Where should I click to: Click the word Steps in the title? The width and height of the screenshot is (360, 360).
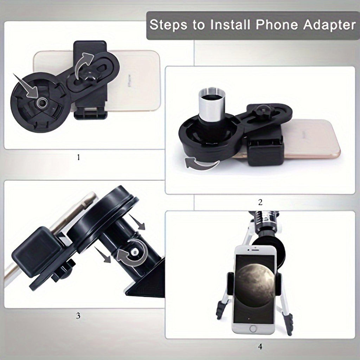click(168, 25)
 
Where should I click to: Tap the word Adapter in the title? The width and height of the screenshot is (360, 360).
click(329, 25)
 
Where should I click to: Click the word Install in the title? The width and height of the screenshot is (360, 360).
click(230, 25)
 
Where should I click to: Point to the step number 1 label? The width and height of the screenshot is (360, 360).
click(78, 157)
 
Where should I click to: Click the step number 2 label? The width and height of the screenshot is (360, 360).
click(260, 202)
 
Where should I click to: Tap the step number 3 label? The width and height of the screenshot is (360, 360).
click(78, 316)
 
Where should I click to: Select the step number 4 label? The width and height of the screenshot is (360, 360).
click(260, 347)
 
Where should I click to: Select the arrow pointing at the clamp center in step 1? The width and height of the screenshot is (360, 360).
click(26, 86)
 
